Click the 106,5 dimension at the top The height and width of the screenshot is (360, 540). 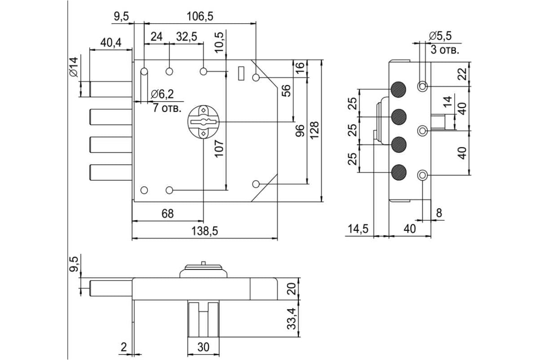(x=200, y=17)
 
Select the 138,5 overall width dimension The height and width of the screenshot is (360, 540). (x=205, y=231)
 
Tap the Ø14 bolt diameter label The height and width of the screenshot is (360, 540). (x=74, y=67)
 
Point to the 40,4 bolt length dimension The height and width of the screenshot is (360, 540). (x=111, y=43)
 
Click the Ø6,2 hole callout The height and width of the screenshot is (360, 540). (x=162, y=94)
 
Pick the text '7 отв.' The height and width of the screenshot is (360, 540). (x=167, y=108)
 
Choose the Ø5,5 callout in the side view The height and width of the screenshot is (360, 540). (x=440, y=36)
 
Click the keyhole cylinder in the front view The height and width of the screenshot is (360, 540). (x=203, y=122)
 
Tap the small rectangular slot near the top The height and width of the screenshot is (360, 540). (x=241, y=73)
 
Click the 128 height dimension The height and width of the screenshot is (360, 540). (x=315, y=130)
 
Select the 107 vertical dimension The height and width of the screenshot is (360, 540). (x=219, y=149)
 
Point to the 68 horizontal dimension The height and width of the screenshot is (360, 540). (x=167, y=214)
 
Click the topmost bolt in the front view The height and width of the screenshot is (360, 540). (x=111, y=89)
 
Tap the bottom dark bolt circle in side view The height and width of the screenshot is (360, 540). (x=399, y=172)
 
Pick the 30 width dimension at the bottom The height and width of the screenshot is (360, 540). (x=203, y=347)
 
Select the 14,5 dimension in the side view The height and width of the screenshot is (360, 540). (x=358, y=229)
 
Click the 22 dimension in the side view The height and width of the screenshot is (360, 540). (x=462, y=74)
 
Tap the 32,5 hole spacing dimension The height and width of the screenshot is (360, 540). (x=187, y=36)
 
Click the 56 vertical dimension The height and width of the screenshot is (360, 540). (x=286, y=90)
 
